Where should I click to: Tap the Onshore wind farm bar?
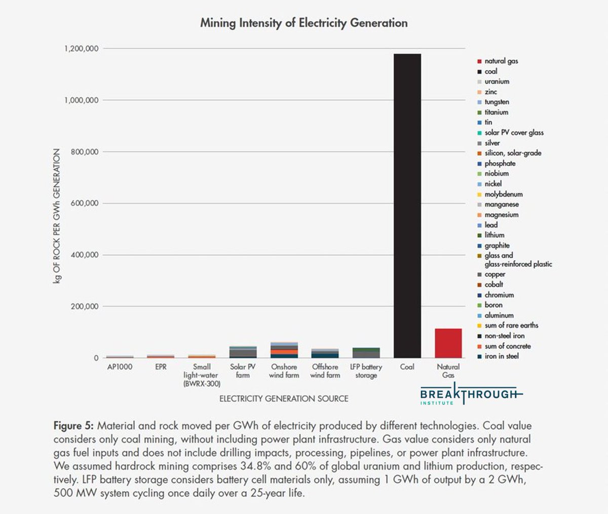(284, 350)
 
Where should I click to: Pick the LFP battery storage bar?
(366, 353)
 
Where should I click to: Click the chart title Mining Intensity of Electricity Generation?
(303, 23)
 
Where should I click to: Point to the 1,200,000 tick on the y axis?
(81, 49)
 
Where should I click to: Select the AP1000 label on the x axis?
(120, 367)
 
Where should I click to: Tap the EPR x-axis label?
(161, 367)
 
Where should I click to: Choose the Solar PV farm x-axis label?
(243, 371)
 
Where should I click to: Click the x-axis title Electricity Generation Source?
(283, 399)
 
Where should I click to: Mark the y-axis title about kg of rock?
(57, 216)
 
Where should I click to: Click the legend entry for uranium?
(497, 82)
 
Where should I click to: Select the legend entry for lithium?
(494, 235)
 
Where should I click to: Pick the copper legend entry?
(495, 274)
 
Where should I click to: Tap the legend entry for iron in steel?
(501, 356)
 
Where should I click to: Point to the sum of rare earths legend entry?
(511, 325)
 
